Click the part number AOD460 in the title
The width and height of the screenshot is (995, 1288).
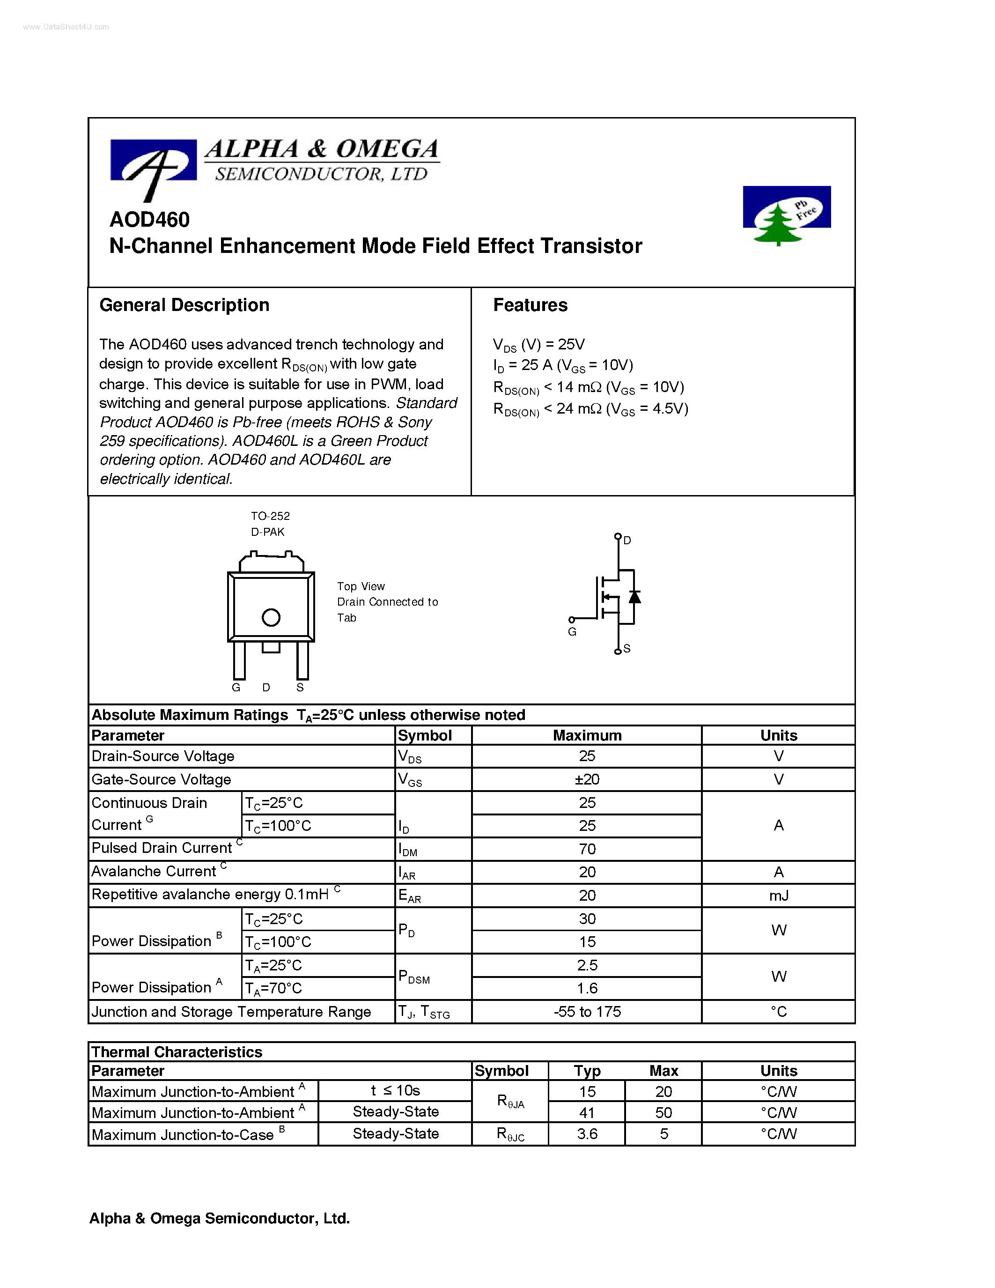point(150,219)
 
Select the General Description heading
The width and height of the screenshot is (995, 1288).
point(184,305)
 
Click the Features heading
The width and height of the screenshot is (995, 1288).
point(530,305)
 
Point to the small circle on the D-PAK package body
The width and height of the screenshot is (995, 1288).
point(271,617)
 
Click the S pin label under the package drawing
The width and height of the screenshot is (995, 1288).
point(300,688)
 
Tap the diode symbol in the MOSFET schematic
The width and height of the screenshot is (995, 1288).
point(634,596)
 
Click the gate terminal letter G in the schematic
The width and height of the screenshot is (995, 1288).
point(572,632)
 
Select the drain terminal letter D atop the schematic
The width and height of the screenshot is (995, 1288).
point(627,540)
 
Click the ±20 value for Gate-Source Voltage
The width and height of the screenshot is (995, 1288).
point(587,779)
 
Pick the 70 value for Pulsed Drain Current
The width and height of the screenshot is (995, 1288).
point(587,849)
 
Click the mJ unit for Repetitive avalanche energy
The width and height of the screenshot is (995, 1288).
point(778,895)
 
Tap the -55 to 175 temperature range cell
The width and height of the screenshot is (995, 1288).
point(587,1011)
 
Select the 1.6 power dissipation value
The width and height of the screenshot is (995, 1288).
point(587,988)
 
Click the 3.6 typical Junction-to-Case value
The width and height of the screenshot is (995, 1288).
point(587,1133)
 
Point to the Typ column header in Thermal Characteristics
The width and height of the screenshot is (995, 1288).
point(587,1070)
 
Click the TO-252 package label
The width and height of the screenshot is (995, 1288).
point(270,516)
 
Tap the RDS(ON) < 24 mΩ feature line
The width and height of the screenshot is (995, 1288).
point(590,409)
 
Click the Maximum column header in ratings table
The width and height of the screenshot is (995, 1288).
point(587,735)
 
